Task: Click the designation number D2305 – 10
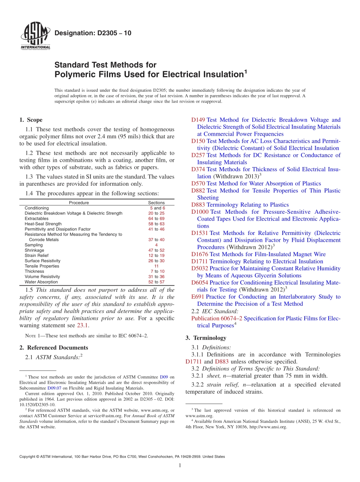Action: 93,33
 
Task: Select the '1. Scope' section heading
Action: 31,120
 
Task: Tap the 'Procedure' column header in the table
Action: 79,203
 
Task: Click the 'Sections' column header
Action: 156,203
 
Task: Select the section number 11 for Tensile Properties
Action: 156,266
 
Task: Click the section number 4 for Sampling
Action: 156,245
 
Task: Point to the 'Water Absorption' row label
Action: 41,282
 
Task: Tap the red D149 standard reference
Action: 198,120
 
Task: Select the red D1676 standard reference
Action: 200,254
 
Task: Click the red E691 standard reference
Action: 198,297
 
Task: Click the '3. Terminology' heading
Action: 206,338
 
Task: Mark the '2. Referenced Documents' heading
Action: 53,347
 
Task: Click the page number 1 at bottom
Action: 180,466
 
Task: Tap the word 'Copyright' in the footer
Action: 28,457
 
